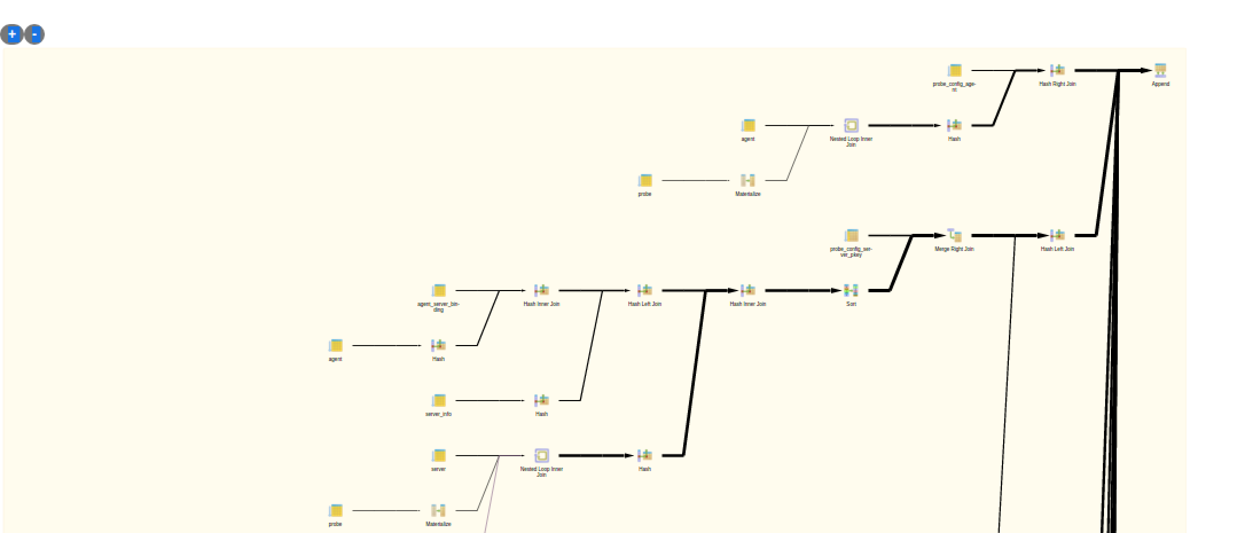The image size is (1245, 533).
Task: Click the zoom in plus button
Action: coord(12,34)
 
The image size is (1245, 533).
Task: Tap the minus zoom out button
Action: coord(34,34)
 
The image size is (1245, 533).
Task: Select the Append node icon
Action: coord(1160,70)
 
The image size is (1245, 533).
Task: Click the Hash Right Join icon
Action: coord(1058,70)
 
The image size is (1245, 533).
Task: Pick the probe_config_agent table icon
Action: coord(954,70)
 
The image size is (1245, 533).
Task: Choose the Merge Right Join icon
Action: coord(954,235)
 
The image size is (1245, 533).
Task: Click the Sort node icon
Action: coord(851,291)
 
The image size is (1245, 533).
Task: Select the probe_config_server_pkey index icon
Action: coord(852,235)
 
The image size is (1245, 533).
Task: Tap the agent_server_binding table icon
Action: coord(439,291)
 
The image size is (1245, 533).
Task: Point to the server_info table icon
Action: coord(439,401)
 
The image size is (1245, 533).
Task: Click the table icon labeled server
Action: coord(439,456)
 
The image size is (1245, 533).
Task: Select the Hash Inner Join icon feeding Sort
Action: coord(748,291)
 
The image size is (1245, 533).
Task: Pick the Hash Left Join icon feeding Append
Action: coord(1058,235)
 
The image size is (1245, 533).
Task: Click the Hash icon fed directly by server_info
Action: coord(542,401)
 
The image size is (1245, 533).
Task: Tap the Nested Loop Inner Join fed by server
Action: coord(542,456)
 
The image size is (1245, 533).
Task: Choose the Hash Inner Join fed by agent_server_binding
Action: coord(542,291)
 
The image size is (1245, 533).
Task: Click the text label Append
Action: coord(1160,84)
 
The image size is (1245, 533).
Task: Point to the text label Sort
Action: coord(851,304)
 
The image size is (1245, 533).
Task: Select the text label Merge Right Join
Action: coord(954,249)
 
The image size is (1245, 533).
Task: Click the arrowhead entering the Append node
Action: coord(1146,70)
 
